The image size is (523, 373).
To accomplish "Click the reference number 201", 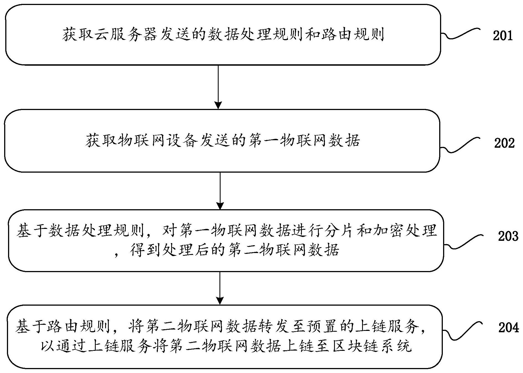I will pyautogui.click(x=502, y=36).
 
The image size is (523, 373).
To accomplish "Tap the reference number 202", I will pyautogui.click(x=504, y=143).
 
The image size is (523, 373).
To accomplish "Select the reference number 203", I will pyautogui.click(x=508, y=236).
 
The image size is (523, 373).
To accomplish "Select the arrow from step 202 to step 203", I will pyautogui.click(x=220, y=191).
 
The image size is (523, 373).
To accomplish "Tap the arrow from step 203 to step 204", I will pyautogui.click(x=220, y=288).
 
